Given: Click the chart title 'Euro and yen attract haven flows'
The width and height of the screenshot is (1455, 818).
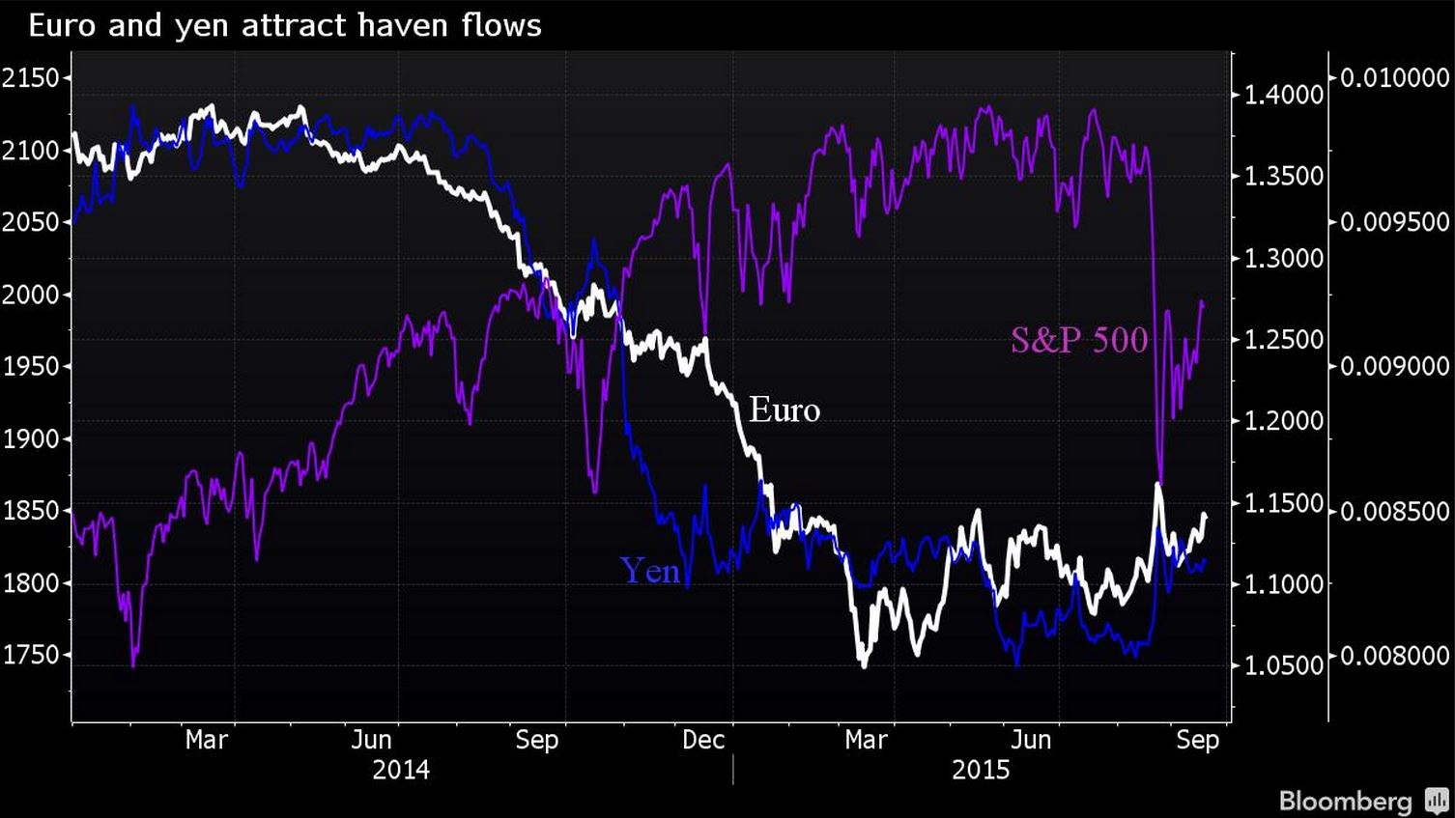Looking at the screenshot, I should [285, 25].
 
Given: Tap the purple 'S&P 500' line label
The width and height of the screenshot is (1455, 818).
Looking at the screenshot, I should [1079, 340].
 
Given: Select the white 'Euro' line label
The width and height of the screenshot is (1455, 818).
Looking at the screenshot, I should [785, 410].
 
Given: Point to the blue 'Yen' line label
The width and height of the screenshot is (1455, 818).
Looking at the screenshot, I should [649, 571].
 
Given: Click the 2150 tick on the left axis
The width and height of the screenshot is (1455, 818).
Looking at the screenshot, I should [31, 77].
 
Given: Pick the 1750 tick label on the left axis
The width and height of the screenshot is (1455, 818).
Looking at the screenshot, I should [31, 655].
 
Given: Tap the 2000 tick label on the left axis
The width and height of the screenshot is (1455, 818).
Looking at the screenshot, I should [31, 295].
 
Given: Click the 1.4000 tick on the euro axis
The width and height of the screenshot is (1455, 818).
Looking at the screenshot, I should [1283, 95].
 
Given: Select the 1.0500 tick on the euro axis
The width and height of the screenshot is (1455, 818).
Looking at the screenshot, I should [1283, 665].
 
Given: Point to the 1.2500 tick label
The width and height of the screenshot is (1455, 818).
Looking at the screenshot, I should [1283, 340].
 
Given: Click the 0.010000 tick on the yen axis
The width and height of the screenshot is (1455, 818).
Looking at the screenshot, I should [1394, 77].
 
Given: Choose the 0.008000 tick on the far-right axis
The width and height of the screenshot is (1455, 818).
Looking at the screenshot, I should [1394, 656].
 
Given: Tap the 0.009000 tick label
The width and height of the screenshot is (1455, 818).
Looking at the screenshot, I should [1394, 366].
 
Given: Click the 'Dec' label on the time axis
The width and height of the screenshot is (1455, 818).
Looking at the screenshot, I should [703, 740].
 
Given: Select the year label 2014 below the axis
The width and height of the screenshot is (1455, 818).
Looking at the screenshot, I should [401, 770].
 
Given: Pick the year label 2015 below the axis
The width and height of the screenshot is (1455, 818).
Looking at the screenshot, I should [981, 770].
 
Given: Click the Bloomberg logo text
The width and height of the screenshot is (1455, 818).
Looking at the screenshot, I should [1346, 801].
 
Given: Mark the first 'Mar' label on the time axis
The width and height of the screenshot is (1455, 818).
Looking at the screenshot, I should [206, 740].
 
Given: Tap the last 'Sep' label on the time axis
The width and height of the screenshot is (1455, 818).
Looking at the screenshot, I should [1197, 740].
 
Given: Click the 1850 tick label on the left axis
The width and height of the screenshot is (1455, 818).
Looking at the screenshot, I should [31, 511].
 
